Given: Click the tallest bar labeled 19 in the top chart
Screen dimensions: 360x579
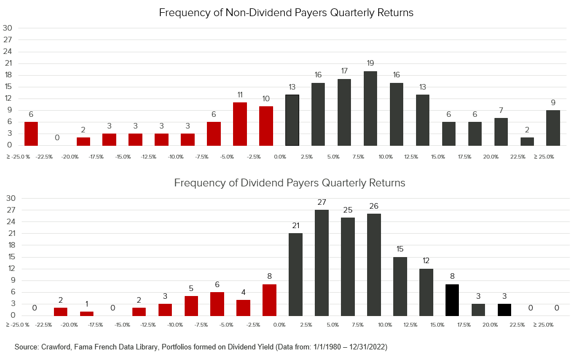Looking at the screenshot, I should [x=370, y=109].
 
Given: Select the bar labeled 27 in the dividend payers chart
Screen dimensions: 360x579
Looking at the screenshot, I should [x=321, y=263].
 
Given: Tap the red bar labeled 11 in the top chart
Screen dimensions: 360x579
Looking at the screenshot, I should [x=240, y=124].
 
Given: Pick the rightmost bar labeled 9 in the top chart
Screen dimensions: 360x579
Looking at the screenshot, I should [x=553, y=128].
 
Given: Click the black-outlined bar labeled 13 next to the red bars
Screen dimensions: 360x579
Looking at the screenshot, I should [x=292, y=120].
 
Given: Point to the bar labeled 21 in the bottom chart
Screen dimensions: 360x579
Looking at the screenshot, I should [x=295, y=274].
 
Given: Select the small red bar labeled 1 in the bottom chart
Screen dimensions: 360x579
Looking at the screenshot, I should [x=87, y=313].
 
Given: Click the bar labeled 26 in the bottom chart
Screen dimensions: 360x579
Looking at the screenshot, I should [x=374, y=265].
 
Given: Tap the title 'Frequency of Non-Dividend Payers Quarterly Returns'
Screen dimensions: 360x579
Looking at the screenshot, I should [x=286, y=12].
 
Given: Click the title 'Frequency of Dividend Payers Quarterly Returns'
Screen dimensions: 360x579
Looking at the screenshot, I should [x=290, y=183].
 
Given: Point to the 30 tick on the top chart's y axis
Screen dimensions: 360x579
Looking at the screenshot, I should [x=8, y=28].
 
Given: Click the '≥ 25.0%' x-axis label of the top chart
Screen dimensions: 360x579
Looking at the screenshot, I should [x=544, y=157].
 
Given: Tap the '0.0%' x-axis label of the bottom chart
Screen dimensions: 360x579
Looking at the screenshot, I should [x=280, y=324].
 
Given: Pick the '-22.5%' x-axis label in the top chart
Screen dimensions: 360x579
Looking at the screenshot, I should [x=44, y=157].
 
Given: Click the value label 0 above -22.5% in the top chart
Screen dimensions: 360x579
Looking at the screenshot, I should [x=57, y=137].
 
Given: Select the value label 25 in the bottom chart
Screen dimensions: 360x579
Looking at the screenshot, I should [x=348, y=210].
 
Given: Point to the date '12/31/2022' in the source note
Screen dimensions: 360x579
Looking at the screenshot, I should [x=365, y=347].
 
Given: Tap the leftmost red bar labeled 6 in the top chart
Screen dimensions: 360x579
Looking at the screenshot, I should [x=31, y=134].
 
